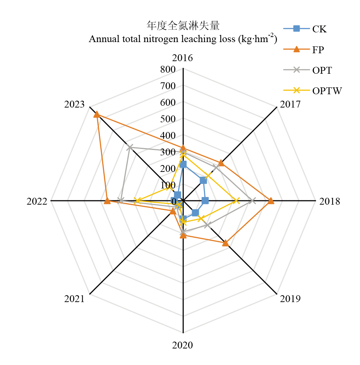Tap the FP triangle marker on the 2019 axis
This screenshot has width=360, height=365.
225,243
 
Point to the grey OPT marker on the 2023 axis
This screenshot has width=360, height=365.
130,147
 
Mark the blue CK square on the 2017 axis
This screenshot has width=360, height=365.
203,181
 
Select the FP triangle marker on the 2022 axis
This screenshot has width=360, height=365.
107,201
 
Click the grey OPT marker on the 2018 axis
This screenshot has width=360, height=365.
253,201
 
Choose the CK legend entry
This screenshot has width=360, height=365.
306,29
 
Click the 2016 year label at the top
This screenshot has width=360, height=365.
183,58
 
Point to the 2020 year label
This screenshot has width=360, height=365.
183,346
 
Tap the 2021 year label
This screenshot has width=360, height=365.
74,298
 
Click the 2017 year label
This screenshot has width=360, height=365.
290,105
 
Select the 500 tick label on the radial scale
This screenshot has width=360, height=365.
168,119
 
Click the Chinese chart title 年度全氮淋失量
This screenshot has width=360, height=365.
183,26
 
